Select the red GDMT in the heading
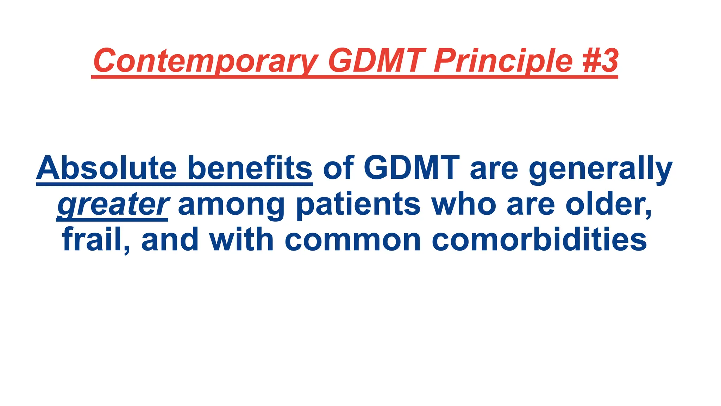pyautogui.click(x=375, y=61)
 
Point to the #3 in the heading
pyautogui.click(x=600, y=61)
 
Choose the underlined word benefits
pyautogui.click(x=250, y=168)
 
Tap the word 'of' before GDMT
pyautogui.click(x=338, y=168)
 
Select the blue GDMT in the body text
pyautogui.click(x=412, y=168)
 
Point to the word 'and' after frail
pyautogui.click(x=170, y=240)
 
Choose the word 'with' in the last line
pyautogui.click(x=241, y=240)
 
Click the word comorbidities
pyautogui.click(x=539, y=240)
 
